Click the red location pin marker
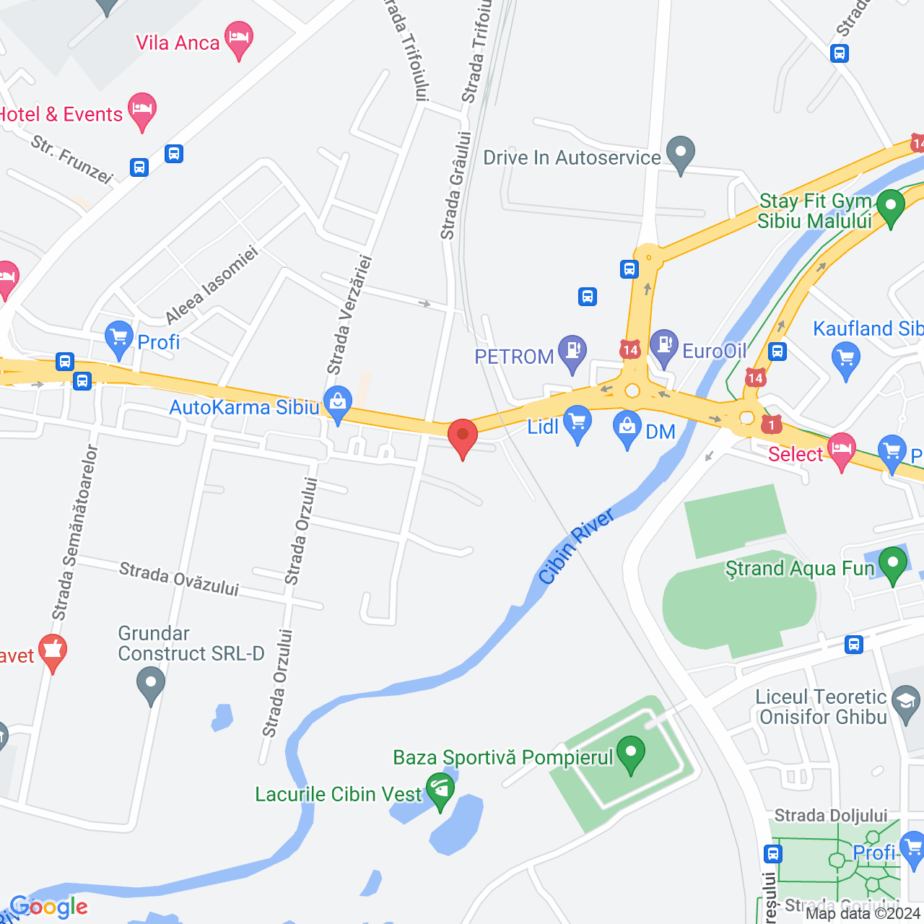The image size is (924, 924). click(463, 437)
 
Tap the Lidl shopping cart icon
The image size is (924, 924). click(577, 424)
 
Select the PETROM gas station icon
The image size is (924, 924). click(572, 353)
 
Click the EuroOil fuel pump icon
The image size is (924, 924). click(663, 347)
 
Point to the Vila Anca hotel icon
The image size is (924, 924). click(239, 39)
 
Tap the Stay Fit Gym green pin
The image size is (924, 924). click(890, 206)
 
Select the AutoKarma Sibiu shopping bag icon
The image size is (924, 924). click(337, 404)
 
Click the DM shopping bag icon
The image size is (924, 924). click(627, 429)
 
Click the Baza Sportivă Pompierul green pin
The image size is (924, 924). click(631, 754)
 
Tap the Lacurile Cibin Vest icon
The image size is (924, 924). click(440, 790)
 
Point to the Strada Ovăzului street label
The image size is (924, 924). click(178, 579)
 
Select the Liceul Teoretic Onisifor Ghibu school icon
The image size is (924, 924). click(905, 701)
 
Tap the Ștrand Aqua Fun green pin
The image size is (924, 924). click(892, 565)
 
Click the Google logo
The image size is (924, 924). click(49, 907)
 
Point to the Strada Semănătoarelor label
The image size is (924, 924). click(74, 532)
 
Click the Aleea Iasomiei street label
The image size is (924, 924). click(212, 285)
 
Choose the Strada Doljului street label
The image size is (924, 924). click(831, 816)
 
